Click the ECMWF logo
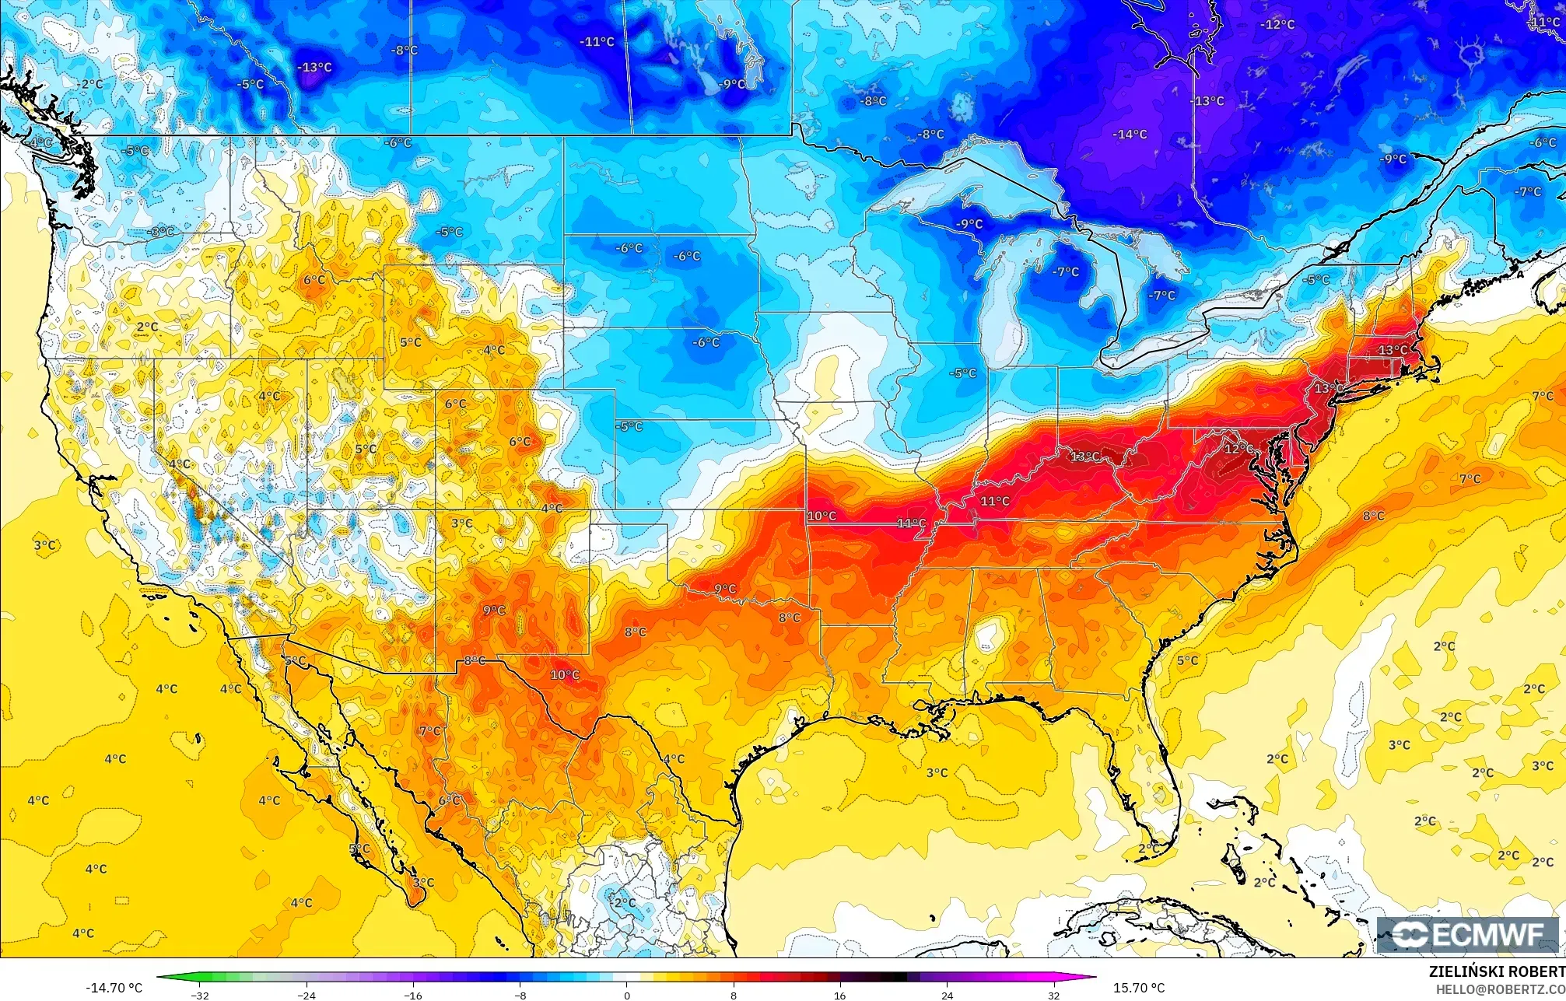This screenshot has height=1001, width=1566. (x=1467, y=934)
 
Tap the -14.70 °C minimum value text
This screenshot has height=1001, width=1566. (x=114, y=988)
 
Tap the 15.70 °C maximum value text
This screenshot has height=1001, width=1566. (x=1139, y=988)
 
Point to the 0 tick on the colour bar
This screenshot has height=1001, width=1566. (x=627, y=995)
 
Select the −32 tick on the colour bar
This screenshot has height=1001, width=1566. (x=201, y=995)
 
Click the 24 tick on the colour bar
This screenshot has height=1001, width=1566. (x=947, y=995)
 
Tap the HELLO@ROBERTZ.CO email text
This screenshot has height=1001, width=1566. (x=1500, y=989)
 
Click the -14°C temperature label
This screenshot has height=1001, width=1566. (x=1130, y=135)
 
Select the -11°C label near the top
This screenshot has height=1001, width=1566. (x=597, y=42)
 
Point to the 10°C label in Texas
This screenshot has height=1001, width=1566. (x=565, y=675)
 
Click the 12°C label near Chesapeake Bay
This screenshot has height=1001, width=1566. (x=1239, y=449)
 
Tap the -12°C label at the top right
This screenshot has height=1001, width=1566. (x=1277, y=25)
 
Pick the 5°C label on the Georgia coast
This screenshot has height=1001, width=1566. (x=1187, y=660)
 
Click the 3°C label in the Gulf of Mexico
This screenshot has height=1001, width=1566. (x=937, y=772)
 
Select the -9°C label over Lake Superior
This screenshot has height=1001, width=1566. (x=969, y=224)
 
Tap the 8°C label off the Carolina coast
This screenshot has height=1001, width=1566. (x=1373, y=516)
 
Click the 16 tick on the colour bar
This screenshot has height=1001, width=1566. (x=839, y=995)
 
